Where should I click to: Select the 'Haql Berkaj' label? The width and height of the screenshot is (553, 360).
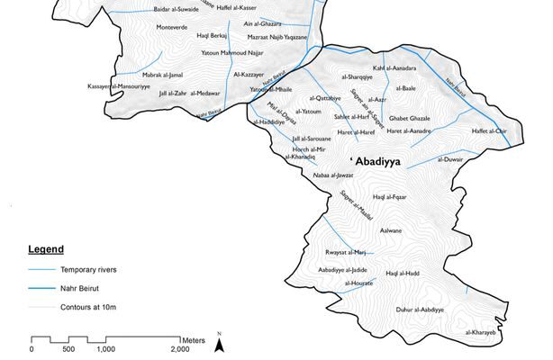point(213,36)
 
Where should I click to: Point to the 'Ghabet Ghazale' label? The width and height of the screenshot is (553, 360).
point(409,119)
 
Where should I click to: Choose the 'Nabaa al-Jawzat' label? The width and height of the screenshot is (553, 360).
point(332,175)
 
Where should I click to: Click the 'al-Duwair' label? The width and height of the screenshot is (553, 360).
point(449,159)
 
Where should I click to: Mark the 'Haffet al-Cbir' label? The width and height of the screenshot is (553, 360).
point(490,131)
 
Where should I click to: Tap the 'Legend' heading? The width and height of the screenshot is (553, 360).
point(45,248)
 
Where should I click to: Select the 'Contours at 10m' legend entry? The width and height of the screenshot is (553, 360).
point(89,308)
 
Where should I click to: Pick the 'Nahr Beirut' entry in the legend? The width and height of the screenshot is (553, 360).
point(82,289)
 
